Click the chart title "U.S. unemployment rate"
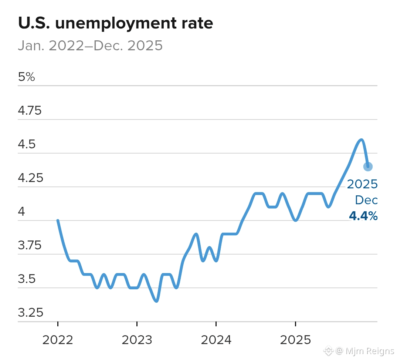click(x=115, y=23)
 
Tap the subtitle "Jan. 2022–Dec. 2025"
click(x=90, y=46)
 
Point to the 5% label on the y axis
click(x=26, y=77)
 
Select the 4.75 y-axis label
click(x=30, y=111)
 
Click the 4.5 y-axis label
click(x=27, y=144)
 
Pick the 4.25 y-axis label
click(x=30, y=178)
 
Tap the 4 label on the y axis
click(x=21, y=212)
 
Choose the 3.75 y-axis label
click(x=30, y=245)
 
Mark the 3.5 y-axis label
click(x=27, y=279)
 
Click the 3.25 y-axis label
click(x=30, y=313)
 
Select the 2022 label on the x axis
click(x=58, y=339)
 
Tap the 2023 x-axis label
click(x=137, y=339)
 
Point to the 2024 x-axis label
click(x=216, y=339)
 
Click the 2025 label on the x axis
click(x=295, y=339)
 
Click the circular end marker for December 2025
click(x=368, y=166)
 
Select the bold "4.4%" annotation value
click(x=363, y=216)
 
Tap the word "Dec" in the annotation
click(x=366, y=200)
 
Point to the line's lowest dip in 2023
click(x=157, y=301)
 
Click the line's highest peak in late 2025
click(x=361, y=139)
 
